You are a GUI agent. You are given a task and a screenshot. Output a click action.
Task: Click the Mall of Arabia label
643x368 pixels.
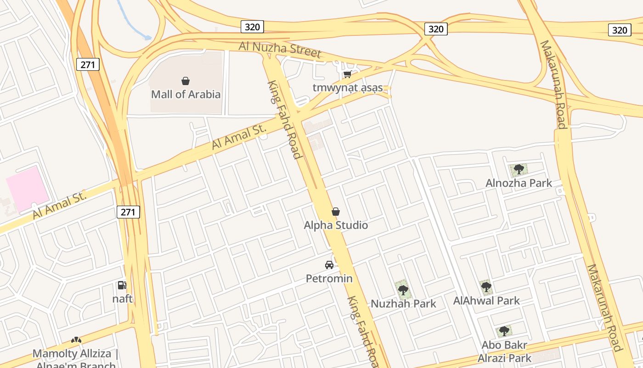coord(186,94)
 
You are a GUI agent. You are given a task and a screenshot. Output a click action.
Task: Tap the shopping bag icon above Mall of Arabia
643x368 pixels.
coord(186,81)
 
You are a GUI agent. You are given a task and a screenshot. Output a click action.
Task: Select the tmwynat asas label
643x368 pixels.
coord(348,87)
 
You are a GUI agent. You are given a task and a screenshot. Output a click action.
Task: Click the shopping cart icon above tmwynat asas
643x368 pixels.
coord(347,74)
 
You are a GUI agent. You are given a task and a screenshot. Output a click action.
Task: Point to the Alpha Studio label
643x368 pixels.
coord(336,225)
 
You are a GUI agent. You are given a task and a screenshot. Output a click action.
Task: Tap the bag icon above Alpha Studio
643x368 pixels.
coord(336,212)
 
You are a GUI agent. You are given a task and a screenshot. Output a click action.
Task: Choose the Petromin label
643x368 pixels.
coord(329,278)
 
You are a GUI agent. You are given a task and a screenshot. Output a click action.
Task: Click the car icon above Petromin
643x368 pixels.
coord(329,265)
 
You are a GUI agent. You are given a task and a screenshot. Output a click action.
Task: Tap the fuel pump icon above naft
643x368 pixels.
coord(122,285)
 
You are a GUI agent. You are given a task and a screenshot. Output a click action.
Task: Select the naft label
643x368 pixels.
coord(123,299)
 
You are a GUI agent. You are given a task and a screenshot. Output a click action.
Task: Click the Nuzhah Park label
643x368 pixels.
coord(403,304)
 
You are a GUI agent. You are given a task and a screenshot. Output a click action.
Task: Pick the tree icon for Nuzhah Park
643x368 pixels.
coord(403,290)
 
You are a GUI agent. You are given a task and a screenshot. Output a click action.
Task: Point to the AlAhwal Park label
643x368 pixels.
coord(486,300)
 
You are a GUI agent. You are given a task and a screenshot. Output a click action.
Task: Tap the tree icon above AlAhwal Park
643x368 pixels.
coord(486,287)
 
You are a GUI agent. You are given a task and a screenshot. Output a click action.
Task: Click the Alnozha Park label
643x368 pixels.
coord(519,183)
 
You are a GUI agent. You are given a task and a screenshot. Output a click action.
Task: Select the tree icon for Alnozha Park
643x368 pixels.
coord(519,169)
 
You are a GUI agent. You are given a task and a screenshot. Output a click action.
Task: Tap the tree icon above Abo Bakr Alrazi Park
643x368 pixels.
coord(504,331)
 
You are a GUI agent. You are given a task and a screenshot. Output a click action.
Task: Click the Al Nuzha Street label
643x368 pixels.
coord(280,49)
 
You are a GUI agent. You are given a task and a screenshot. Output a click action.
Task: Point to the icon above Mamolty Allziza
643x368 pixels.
coord(76,340)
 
